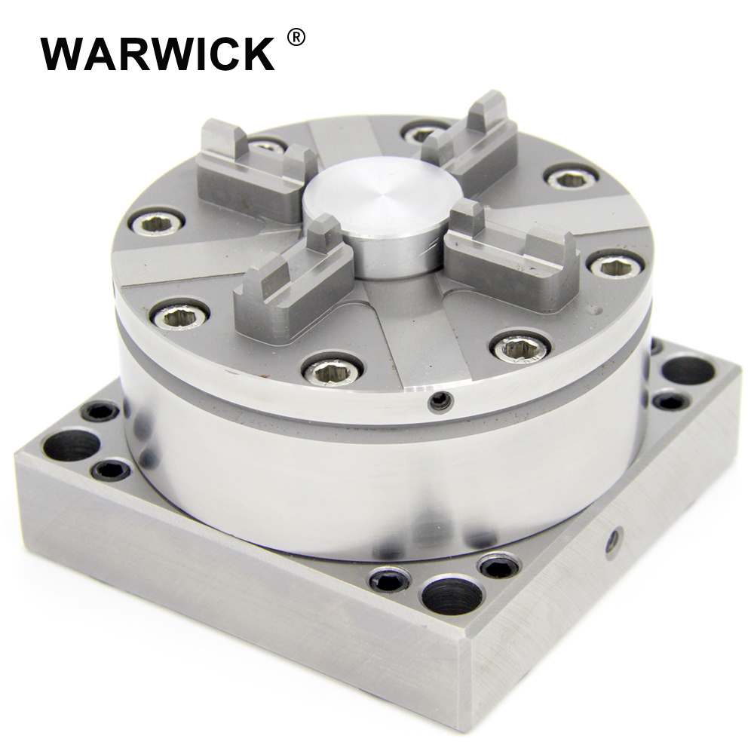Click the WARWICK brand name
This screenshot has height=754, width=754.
(x=158, y=54)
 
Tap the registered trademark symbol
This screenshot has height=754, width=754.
(x=296, y=37)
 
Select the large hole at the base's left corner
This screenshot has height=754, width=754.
(x=70, y=444)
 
